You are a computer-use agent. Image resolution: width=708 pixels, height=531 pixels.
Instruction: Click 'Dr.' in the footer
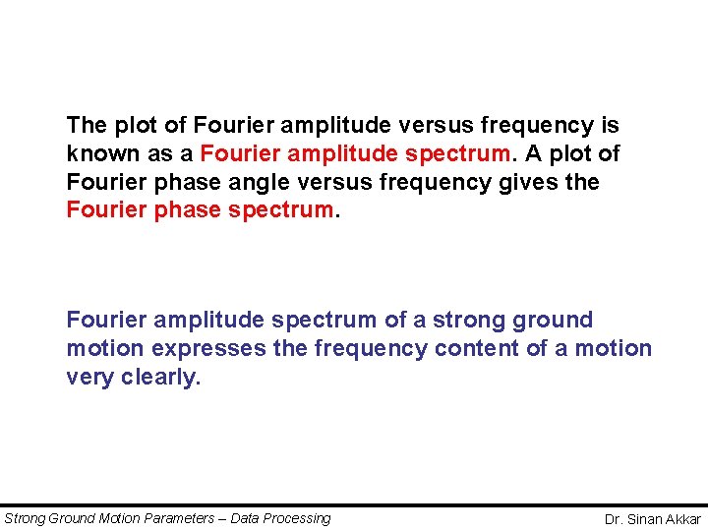click(615, 519)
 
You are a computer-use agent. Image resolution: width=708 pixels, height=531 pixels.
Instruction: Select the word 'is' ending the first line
click(611, 126)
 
